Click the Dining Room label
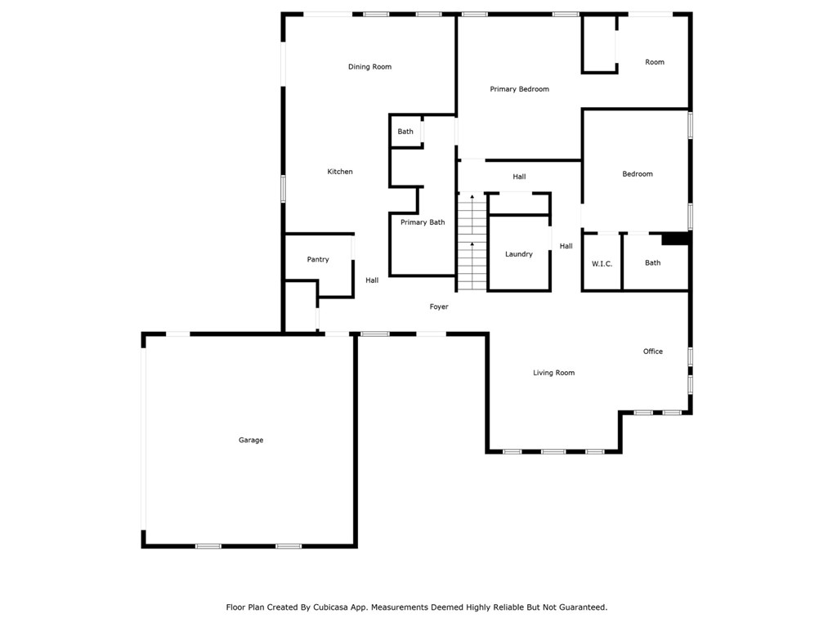[369, 67]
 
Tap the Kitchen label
[340, 172]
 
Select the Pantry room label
[318, 260]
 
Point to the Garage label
[251, 441]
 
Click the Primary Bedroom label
[519, 89]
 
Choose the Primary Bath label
[423, 222]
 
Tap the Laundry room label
[519, 254]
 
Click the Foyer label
[439, 307]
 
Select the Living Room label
[553, 373]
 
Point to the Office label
[652, 352]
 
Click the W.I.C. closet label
[602, 263]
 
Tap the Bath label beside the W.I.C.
[652, 263]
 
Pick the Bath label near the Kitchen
[405, 132]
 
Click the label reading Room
[655, 62]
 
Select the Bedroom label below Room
[638, 174]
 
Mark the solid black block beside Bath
[675, 239]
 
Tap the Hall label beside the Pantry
[372, 280]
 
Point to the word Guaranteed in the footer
[579, 607]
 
